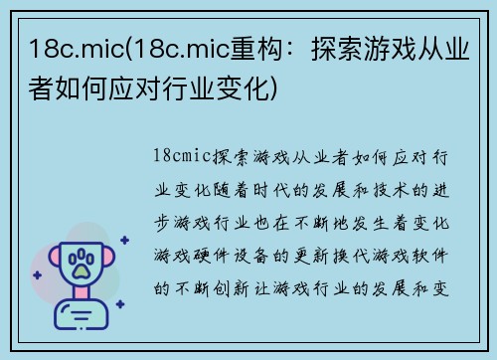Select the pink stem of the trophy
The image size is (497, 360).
82,298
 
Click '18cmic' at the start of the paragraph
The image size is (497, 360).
180,156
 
